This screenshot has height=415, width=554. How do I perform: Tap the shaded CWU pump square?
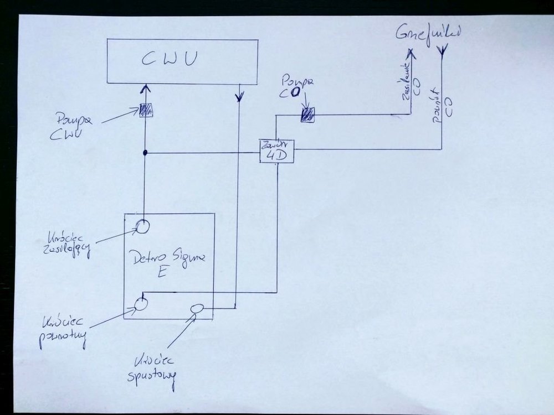tap(146, 109)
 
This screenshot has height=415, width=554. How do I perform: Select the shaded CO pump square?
tap(307, 115)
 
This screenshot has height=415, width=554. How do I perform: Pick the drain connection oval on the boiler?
tap(197, 309)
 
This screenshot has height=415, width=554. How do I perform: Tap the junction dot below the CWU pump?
tap(145, 152)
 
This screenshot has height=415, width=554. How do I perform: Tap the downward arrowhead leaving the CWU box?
tap(239, 97)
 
